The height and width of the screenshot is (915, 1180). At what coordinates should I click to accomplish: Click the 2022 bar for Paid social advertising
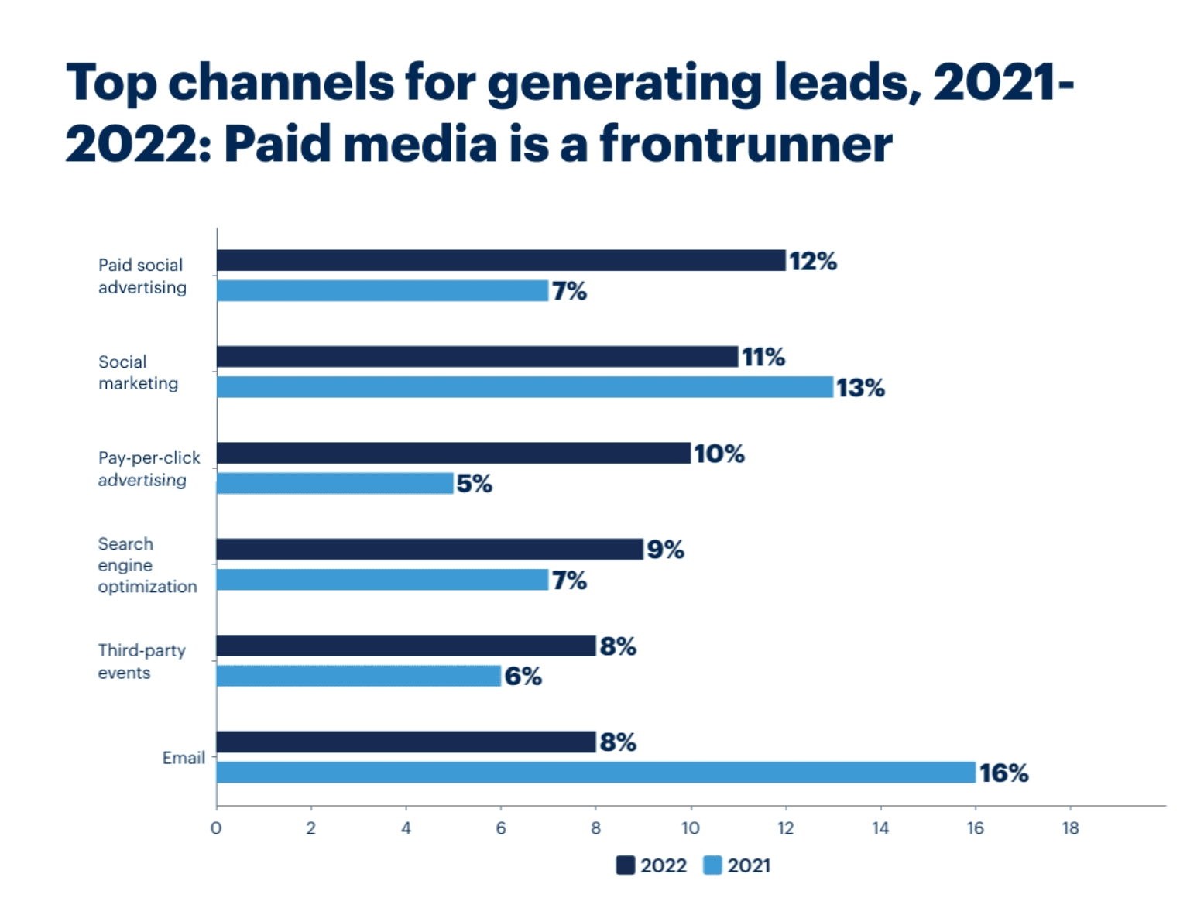[501, 261]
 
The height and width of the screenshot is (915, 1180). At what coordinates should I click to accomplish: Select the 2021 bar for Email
[595, 773]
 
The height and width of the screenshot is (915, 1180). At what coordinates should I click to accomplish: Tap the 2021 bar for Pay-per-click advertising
[334, 483]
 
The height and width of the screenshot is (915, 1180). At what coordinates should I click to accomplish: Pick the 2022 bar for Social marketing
[477, 357]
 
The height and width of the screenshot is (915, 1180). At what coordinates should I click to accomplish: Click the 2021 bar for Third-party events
[358, 676]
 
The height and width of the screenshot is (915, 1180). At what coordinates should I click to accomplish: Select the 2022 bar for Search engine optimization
[430, 550]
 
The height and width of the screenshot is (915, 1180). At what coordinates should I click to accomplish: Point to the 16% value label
[1003, 773]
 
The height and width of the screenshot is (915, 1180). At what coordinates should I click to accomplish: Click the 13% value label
[860, 387]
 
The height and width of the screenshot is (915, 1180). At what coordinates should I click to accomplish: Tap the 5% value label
[474, 484]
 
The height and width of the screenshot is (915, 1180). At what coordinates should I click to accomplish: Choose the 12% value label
[812, 262]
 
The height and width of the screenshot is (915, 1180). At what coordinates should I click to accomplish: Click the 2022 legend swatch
[626, 865]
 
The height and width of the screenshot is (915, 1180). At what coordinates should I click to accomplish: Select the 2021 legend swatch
[712, 865]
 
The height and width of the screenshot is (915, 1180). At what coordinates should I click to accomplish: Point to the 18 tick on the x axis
[1070, 828]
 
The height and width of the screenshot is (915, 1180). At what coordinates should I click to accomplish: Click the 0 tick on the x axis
[216, 828]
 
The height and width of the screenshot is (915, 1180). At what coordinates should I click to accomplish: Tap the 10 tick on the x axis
[690, 828]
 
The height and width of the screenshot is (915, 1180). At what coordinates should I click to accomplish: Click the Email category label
[184, 758]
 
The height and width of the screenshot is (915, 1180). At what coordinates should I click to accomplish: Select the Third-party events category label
[142, 661]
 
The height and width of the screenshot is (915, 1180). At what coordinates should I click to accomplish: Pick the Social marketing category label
[138, 372]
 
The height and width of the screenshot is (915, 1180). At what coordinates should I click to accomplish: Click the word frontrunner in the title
[746, 145]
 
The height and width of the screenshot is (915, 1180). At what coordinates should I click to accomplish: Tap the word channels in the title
[281, 82]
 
